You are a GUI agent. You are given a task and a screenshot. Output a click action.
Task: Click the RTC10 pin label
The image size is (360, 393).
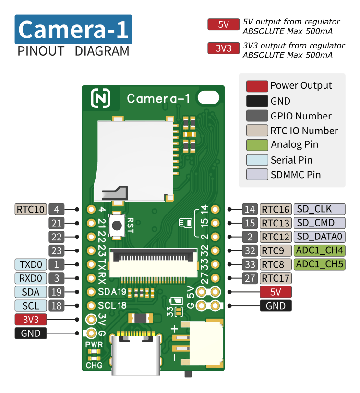(x=31, y=209)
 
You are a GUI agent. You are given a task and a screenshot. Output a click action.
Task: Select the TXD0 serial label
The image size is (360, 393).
(x=31, y=264)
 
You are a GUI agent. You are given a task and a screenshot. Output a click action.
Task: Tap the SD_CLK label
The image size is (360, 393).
(x=319, y=209)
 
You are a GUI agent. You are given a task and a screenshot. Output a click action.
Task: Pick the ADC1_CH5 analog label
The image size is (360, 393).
(x=319, y=264)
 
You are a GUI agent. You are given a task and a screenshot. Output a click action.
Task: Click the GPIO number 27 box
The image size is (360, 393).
(x=250, y=278)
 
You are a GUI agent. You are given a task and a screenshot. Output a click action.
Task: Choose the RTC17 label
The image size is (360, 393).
(x=276, y=278)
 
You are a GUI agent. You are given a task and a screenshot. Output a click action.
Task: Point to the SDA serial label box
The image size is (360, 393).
(x=31, y=292)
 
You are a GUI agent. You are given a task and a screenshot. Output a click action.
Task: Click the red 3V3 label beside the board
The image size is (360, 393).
(x=31, y=320)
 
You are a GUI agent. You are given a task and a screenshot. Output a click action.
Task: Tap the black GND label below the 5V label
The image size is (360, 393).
(x=276, y=306)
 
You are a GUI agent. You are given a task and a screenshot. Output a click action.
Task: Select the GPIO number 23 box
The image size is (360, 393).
(x=57, y=250)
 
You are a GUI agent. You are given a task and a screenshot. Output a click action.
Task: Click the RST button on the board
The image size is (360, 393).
(x=117, y=226)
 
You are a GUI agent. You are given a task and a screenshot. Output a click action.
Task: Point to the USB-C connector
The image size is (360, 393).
(x=136, y=353)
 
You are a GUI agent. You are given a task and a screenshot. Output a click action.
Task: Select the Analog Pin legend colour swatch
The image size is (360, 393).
(x=257, y=145)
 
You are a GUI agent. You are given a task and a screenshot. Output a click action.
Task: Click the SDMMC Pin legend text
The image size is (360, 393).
(x=296, y=175)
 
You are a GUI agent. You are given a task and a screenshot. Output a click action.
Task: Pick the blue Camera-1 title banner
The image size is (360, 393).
(x=73, y=29)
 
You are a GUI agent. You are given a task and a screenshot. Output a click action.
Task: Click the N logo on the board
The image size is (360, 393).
(x=100, y=98)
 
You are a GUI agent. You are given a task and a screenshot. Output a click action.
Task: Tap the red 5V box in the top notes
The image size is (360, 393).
(x=223, y=24)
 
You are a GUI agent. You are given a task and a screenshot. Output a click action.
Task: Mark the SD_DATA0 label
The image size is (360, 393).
(x=319, y=237)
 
